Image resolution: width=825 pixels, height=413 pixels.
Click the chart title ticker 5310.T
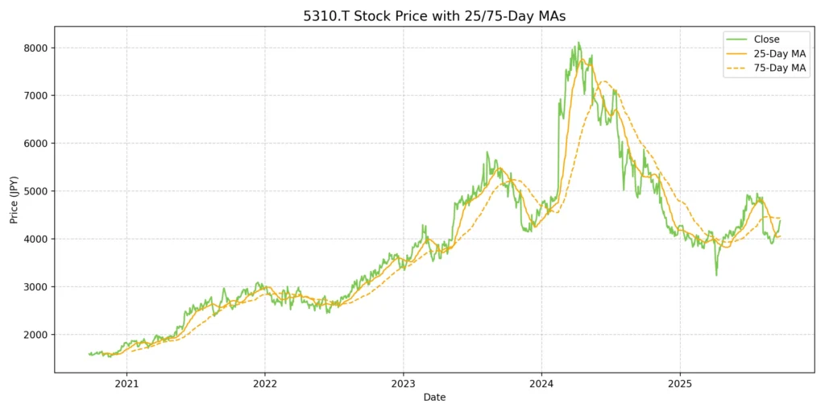[331, 16]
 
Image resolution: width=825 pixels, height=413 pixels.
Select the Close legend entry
[766, 39]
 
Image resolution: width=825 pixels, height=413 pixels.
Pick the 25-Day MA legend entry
[777, 53]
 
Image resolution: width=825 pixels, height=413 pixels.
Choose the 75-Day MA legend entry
[777, 69]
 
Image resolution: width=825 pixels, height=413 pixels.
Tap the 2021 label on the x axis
[126, 383]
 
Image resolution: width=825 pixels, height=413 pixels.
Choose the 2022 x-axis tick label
[265, 383]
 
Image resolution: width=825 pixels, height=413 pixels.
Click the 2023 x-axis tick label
[404, 383]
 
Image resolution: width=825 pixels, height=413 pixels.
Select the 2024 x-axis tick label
[541, 383]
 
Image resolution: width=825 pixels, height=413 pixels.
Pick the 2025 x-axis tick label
[680, 383]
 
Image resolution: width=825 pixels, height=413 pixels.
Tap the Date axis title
[434, 398]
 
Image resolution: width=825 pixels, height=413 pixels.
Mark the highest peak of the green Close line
[578, 43]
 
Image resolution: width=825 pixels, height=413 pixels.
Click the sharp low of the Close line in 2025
[716, 275]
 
